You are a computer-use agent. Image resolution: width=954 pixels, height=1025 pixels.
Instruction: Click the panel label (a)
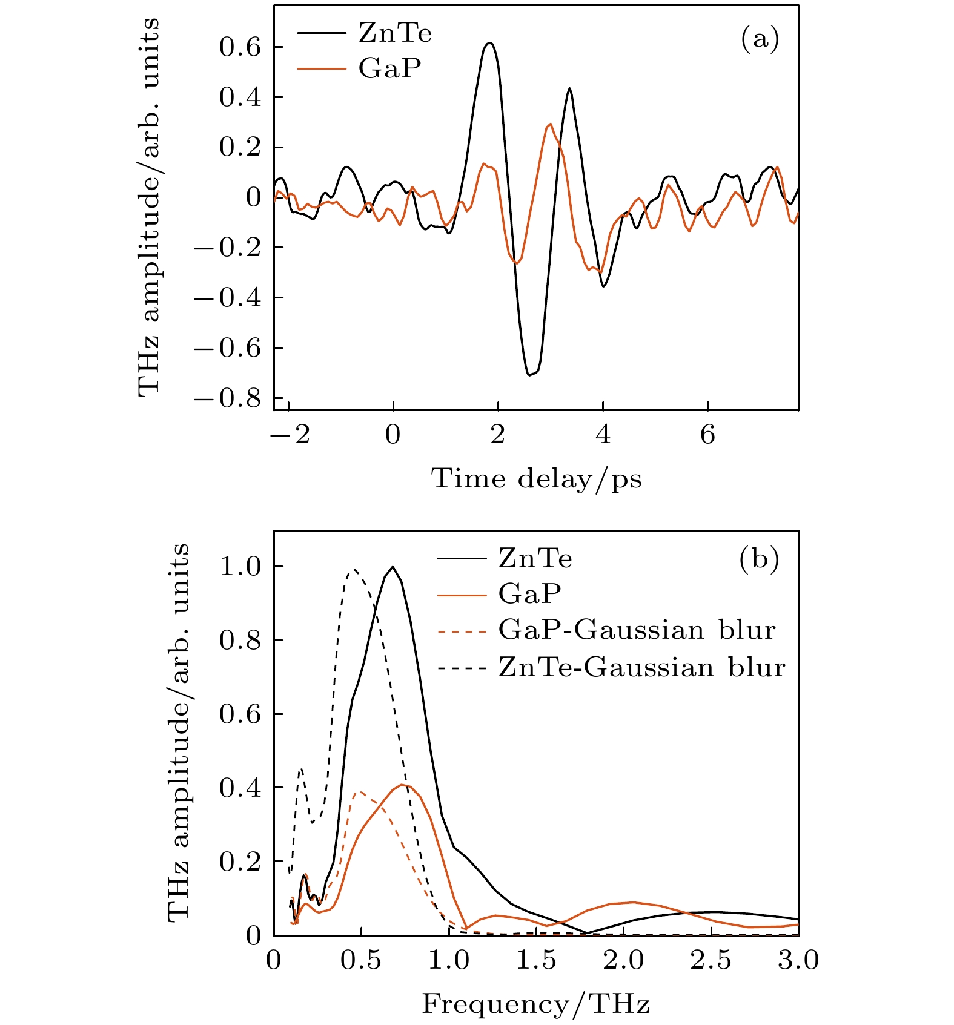point(760,39)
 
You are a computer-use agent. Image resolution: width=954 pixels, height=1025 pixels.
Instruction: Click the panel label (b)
point(759,559)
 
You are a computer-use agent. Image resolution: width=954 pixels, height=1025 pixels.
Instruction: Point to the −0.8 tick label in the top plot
point(227,398)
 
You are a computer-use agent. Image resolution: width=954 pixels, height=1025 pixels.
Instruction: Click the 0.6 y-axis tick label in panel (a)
point(240,47)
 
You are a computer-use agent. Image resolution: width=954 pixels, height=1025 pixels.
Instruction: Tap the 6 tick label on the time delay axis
point(707,435)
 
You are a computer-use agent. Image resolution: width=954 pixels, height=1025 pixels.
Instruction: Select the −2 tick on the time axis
point(289,435)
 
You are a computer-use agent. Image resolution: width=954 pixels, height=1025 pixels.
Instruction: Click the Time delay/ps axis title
point(536,479)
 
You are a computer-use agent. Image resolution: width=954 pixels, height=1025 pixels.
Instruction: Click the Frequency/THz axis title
point(536,1004)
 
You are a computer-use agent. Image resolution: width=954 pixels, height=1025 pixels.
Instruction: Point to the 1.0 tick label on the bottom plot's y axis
point(240,567)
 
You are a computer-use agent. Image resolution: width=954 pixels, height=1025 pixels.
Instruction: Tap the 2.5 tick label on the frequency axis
point(711,960)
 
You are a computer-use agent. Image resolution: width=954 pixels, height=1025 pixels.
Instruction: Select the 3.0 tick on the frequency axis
point(798,960)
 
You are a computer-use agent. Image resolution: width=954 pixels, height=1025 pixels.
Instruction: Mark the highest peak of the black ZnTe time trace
point(489,43)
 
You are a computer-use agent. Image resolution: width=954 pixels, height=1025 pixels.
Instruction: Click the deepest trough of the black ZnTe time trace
point(529,375)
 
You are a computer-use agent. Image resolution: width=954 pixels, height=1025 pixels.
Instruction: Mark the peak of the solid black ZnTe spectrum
point(393,567)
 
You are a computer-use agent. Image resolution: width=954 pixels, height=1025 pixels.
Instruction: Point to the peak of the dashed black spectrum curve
point(354,569)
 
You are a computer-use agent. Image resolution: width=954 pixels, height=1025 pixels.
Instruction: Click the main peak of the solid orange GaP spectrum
point(402,785)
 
